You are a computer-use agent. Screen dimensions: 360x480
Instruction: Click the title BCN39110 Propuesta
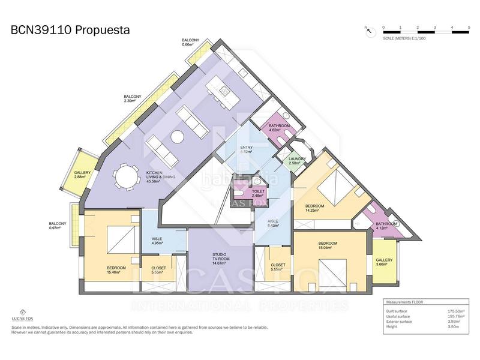(71, 29)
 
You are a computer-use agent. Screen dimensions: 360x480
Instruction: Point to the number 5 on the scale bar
(468, 28)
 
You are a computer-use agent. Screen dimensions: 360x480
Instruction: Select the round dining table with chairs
(126, 177)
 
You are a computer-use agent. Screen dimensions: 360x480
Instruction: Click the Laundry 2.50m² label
(298, 161)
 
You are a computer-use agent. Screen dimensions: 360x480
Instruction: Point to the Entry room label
(246, 149)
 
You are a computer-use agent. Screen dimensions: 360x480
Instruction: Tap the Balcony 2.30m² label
(133, 98)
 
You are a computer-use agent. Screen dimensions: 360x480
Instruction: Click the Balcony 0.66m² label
(190, 42)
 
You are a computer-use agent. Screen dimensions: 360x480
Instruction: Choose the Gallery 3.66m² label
(384, 262)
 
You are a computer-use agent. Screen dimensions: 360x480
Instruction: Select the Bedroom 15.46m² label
(116, 269)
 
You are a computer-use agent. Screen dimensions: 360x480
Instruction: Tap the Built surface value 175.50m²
(457, 311)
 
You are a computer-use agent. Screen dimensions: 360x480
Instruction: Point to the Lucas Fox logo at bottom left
(22, 315)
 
